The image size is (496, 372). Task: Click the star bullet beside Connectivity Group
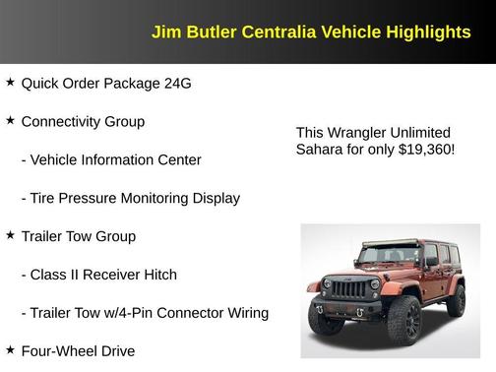click(10, 121)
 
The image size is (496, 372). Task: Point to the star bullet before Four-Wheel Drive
click(10, 350)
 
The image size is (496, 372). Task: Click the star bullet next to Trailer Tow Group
click(10, 236)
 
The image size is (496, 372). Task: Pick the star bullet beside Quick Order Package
click(10, 83)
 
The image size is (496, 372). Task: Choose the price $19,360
click(424, 150)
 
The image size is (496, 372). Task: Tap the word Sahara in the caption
click(319, 150)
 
